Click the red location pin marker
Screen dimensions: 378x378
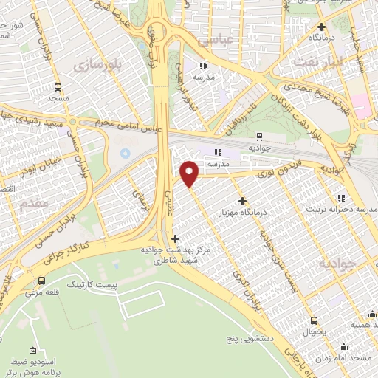190,173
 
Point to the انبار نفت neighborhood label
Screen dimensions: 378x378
319,62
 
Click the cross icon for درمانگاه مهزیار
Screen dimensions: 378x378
242,201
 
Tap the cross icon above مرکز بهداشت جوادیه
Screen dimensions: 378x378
175,238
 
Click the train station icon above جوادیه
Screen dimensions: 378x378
259,136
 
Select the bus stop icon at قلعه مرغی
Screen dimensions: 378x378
41,281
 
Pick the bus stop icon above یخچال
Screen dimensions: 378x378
315,320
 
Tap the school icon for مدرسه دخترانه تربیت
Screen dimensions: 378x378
341,198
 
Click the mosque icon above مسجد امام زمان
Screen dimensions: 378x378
342,347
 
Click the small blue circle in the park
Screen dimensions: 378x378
125,154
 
